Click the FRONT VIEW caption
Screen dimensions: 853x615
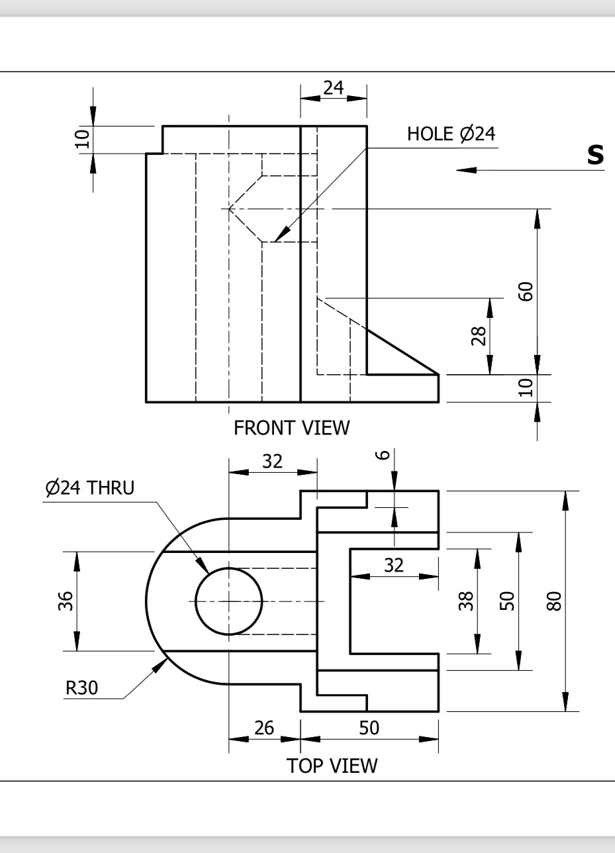(291, 428)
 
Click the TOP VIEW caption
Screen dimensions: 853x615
(332, 766)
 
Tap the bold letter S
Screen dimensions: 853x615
(595, 154)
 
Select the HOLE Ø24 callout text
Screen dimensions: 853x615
(451, 134)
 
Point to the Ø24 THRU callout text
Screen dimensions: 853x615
(89, 488)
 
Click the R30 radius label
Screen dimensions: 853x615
(81, 687)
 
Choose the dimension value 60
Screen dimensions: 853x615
(526, 291)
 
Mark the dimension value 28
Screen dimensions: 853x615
(479, 336)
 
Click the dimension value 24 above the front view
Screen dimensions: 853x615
(333, 88)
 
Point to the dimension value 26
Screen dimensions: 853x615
(264, 728)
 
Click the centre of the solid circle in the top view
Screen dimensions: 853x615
(229, 601)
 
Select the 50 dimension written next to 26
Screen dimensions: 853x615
(369, 728)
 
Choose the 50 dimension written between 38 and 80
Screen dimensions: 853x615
(506, 601)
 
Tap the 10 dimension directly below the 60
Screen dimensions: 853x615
(526, 388)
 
